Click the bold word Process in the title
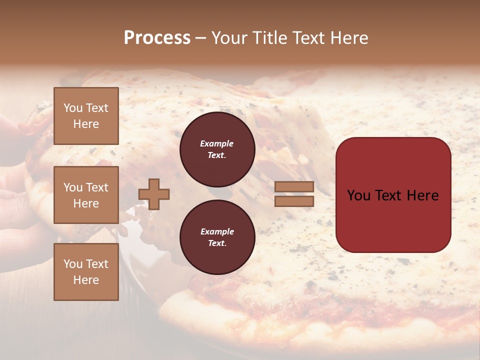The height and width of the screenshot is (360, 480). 157,38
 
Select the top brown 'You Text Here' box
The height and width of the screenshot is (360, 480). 86,116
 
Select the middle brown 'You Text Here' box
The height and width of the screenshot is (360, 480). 86,195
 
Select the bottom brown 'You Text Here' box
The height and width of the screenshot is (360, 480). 86,272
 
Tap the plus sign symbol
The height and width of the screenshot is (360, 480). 154,194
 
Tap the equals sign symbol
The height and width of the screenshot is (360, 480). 294,194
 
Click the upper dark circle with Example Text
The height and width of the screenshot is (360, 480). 217,149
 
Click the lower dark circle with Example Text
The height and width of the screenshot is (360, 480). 217,237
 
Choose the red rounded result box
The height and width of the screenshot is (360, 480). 393,195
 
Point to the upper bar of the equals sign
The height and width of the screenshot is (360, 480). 294,187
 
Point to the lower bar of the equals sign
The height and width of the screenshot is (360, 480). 294,201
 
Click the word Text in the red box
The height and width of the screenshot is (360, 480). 389,195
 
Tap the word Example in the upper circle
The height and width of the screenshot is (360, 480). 217,143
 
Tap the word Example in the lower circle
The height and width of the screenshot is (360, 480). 217,231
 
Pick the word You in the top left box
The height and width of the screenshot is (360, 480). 73,108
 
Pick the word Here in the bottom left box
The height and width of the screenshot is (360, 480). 86,280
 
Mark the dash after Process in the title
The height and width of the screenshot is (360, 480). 200,38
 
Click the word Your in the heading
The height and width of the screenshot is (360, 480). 229,38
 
